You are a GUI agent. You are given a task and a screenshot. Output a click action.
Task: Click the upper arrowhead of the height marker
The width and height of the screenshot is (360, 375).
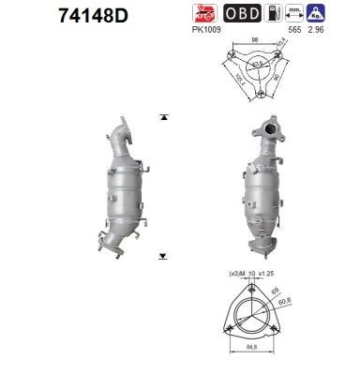[164, 117]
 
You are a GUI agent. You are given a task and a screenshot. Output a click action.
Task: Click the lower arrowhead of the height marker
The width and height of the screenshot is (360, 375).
[164, 255]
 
